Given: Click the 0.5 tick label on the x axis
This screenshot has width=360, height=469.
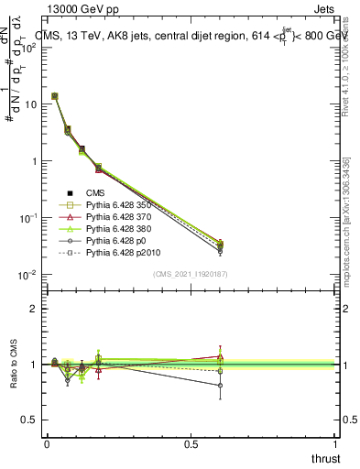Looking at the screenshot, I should (x=191, y=443).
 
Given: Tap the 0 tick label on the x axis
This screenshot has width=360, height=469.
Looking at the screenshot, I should (x=47, y=443).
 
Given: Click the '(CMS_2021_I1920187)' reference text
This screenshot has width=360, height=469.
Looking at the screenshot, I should (x=191, y=274).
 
